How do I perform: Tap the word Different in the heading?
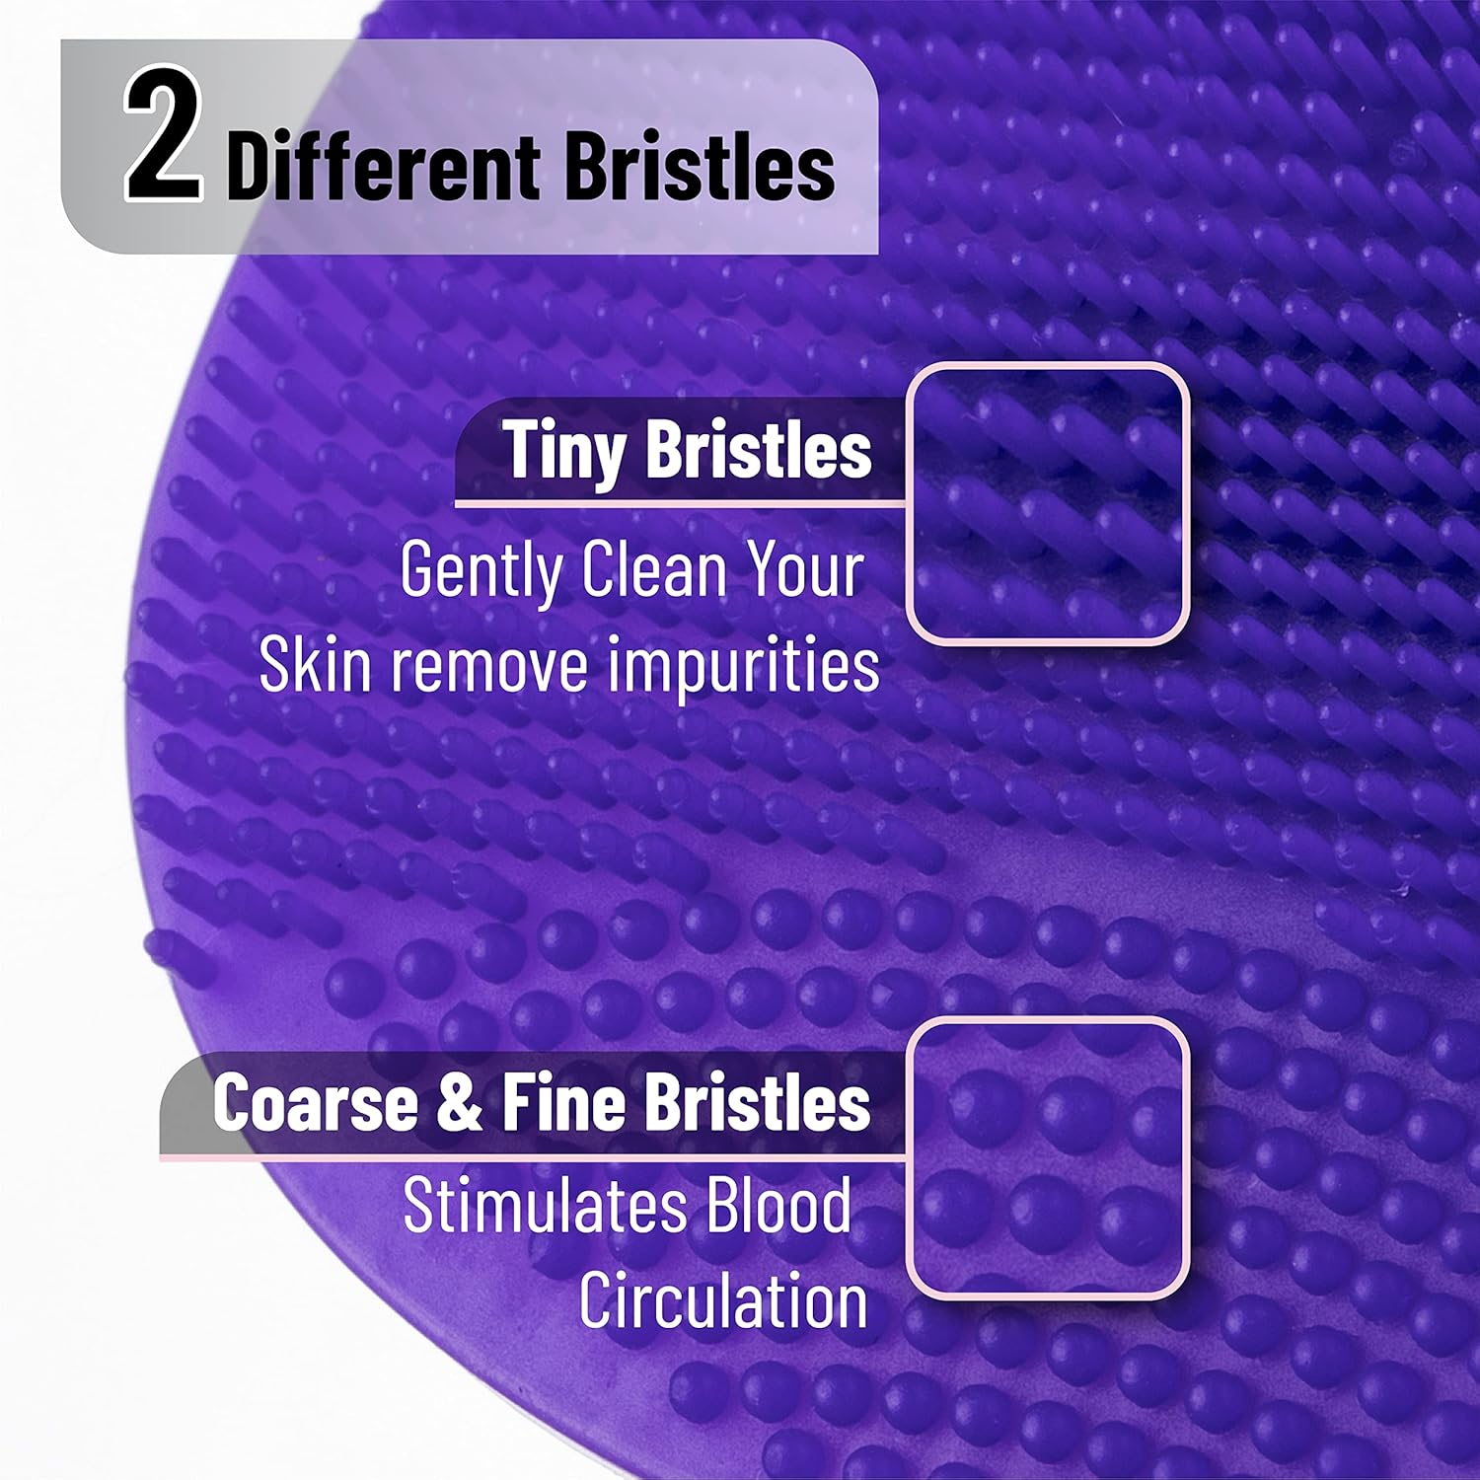[x=383, y=168]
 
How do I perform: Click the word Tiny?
[x=564, y=450]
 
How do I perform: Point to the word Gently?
[x=481, y=572]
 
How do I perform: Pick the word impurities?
[x=742, y=666]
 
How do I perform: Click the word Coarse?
[x=315, y=1103]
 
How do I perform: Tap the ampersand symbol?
[x=459, y=1103]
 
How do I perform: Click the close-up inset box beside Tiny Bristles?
[x=1047, y=503]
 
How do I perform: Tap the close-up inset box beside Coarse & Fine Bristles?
[x=1047, y=1158]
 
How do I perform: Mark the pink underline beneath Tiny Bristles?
[x=681, y=504]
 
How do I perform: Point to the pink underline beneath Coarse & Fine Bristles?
[x=533, y=1155]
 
